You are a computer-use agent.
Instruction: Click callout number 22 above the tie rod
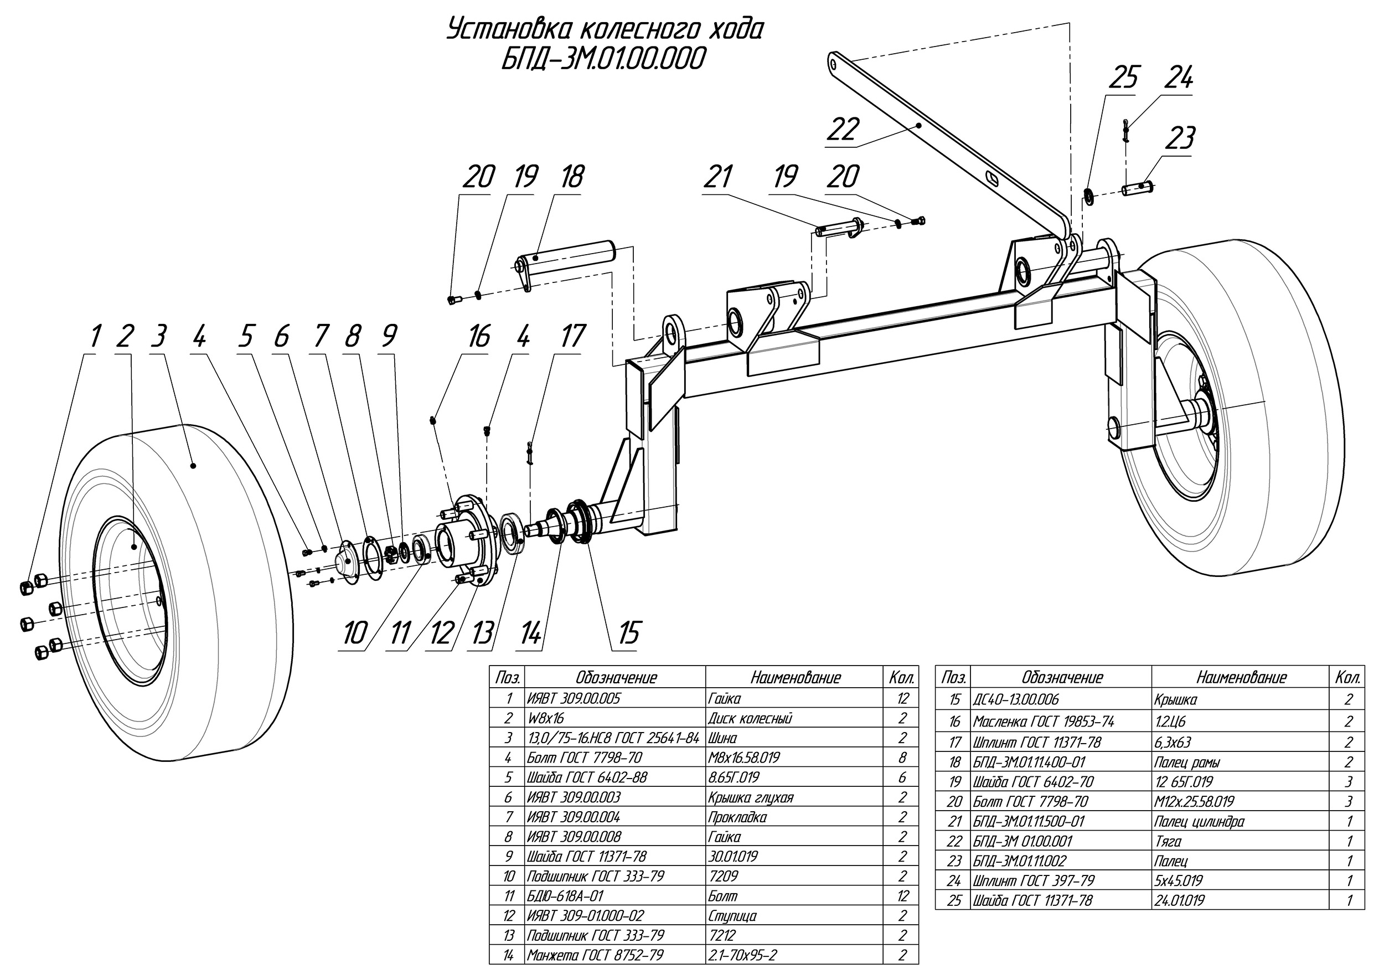[842, 129]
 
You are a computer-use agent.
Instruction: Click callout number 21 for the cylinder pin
[717, 177]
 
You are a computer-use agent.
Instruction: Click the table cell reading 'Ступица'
[733, 916]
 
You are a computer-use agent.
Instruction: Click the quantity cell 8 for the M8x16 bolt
[902, 758]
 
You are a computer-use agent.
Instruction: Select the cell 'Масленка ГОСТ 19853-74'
[1044, 722]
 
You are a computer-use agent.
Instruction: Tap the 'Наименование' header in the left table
[795, 678]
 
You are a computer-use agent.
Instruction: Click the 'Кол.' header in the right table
[1348, 678]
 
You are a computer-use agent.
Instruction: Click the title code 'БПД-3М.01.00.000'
[603, 60]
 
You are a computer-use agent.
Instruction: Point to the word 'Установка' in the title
[505, 30]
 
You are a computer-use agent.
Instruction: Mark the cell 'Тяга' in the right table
[1168, 842]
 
